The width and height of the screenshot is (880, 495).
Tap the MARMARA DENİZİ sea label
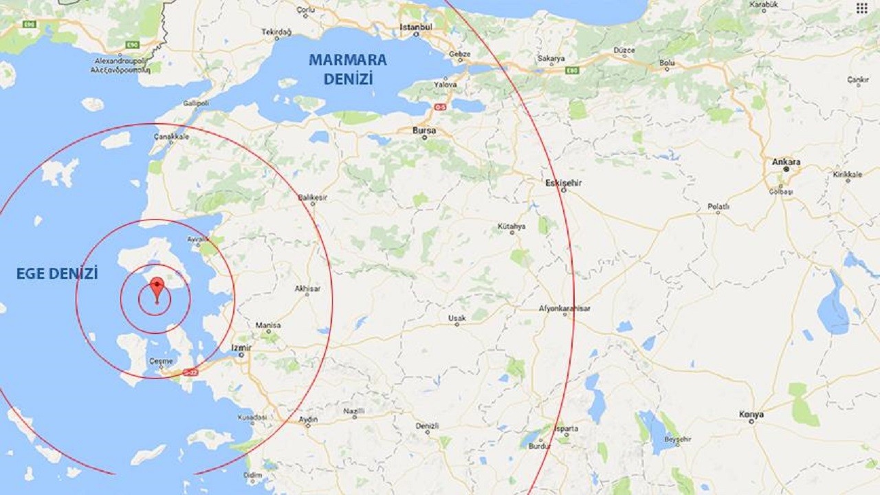[x=347, y=69]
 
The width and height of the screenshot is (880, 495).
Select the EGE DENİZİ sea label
[x=57, y=274]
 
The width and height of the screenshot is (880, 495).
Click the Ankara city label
[x=786, y=162]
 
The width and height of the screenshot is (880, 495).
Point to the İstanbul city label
[x=416, y=27]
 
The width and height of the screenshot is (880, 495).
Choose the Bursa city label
[x=423, y=129]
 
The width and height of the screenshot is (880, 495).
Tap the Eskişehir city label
[x=563, y=183]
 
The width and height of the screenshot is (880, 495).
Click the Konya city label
[x=751, y=414]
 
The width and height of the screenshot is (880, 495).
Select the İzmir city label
[x=241, y=348]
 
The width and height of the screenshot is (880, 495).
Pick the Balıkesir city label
[x=313, y=197]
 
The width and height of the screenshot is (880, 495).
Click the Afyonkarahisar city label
[x=564, y=309]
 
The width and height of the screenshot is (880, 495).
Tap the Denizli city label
[x=427, y=426]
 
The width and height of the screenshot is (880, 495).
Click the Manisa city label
[x=267, y=325]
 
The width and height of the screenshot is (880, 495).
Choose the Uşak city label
[x=456, y=318]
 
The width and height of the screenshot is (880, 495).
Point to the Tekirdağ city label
[x=276, y=32]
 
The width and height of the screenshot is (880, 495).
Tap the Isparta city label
[x=567, y=428]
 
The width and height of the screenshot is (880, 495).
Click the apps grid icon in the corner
[x=861, y=8]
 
